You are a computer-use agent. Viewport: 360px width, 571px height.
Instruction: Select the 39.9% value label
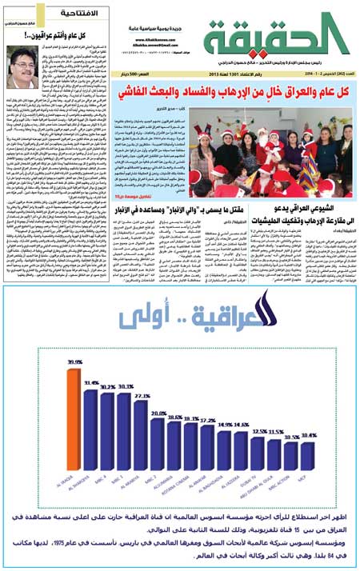(x=74, y=363)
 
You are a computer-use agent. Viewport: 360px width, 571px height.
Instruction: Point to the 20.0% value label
(x=159, y=413)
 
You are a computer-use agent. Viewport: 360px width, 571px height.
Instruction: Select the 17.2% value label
(x=208, y=419)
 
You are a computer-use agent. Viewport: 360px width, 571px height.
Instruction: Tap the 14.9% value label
(x=226, y=424)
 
